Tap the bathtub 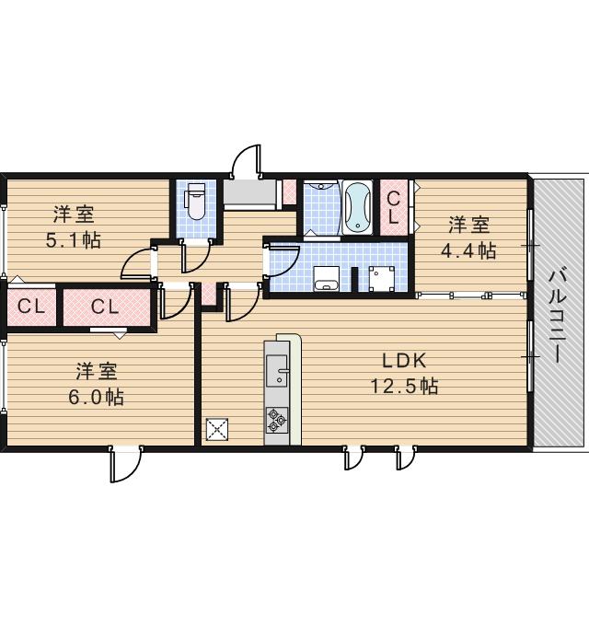(357, 208)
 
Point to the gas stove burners (276, 420)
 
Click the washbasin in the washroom (326, 279)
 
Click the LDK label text (403, 361)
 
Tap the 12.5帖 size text (403, 386)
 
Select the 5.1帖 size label (74, 240)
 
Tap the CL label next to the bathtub (393, 206)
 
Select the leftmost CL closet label (32, 307)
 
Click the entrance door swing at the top (246, 162)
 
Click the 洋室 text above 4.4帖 (468, 225)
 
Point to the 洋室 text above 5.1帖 (74, 215)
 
